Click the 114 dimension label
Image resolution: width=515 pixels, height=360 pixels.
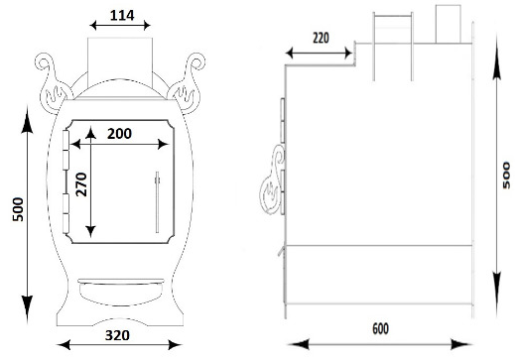pyautogui.click(x=122, y=15)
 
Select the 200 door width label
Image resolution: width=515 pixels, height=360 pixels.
pyautogui.click(x=119, y=134)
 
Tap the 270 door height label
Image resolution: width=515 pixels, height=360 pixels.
pyautogui.click(x=81, y=184)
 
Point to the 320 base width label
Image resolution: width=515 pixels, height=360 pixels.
pyautogui.click(x=117, y=335)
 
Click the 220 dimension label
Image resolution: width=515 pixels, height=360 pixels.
pyautogui.click(x=321, y=38)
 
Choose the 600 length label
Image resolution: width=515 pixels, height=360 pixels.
pyautogui.click(x=380, y=329)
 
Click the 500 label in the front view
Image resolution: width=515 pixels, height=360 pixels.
pyautogui.click(x=18, y=209)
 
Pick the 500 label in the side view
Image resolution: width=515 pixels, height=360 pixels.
pyautogui.click(x=506, y=176)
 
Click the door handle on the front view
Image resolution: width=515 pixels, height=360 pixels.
pyautogui.click(x=157, y=202)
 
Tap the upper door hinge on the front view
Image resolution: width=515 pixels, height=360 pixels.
pyautogui.click(x=65, y=150)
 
